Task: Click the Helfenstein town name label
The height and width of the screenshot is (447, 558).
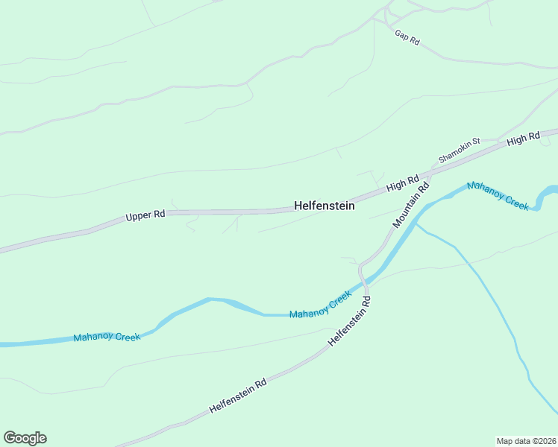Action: click(x=324, y=206)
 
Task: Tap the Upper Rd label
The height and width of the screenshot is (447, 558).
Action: click(x=145, y=216)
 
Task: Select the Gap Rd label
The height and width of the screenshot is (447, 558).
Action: click(x=407, y=38)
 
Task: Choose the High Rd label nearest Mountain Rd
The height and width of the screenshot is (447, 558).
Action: click(x=403, y=183)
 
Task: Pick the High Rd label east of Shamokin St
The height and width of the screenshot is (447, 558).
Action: click(x=523, y=139)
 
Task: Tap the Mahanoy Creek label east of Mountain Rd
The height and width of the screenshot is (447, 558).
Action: click(x=498, y=195)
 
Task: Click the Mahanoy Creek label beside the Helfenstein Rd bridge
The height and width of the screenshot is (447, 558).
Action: click(x=320, y=304)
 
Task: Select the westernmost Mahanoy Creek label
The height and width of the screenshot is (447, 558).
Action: click(x=107, y=337)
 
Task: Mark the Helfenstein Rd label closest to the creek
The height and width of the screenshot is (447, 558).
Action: click(x=350, y=321)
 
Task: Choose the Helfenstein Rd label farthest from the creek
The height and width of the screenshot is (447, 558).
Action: click(x=238, y=396)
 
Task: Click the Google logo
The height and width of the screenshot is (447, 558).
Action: click(x=25, y=438)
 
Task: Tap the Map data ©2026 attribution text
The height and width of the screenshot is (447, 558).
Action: click(x=526, y=440)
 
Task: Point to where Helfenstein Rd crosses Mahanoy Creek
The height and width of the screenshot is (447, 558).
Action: click(x=366, y=282)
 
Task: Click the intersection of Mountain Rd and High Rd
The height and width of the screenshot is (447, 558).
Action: click(x=430, y=177)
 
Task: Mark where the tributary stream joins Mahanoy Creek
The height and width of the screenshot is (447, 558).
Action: click(x=414, y=223)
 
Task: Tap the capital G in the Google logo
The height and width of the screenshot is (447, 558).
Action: click(x=10, y=438)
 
